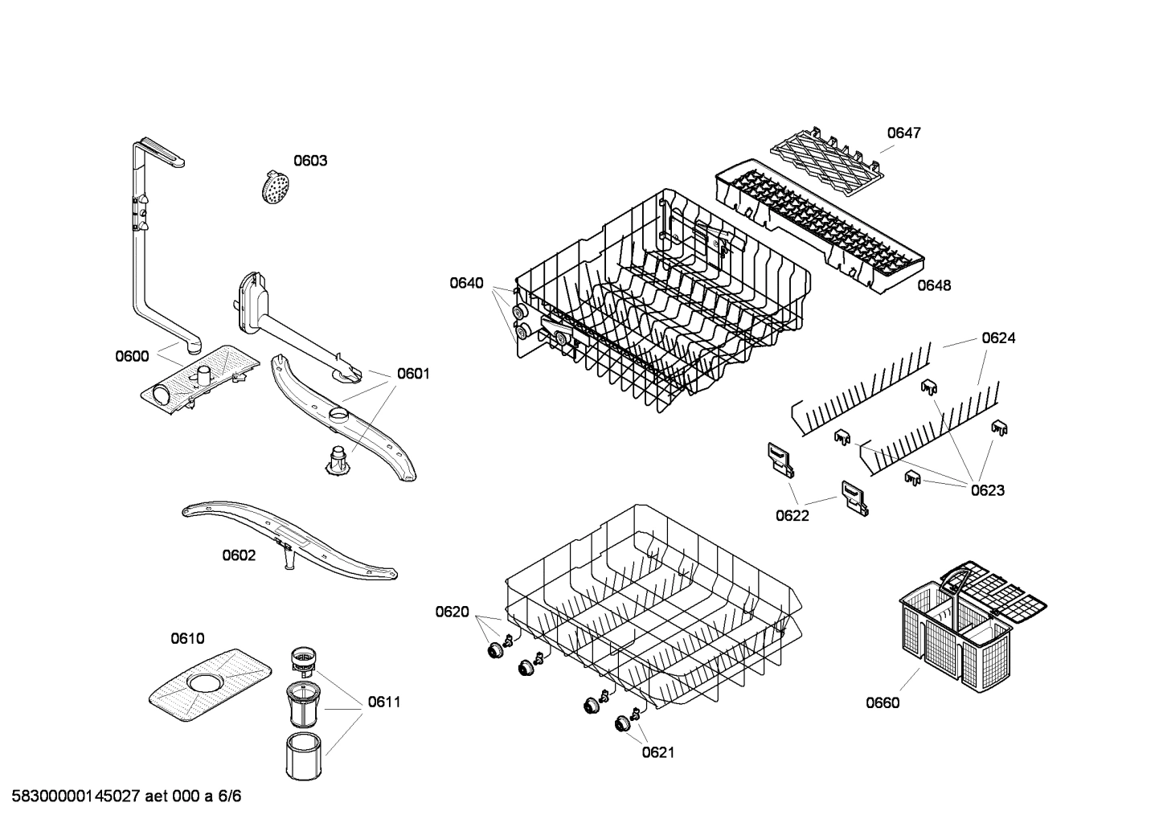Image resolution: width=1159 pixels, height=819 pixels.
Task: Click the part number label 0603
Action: coord(309,161)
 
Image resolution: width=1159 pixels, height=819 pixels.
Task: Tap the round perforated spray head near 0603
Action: coord(276,187)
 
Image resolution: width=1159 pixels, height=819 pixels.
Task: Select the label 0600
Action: coord(132,356)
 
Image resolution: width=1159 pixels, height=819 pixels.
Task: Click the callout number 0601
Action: coord(413,374)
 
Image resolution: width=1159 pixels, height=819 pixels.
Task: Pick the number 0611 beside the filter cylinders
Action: coord(384,702)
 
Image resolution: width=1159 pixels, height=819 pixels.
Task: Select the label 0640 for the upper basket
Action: coord(466,283)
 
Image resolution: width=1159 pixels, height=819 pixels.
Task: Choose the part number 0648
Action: coord(934,285)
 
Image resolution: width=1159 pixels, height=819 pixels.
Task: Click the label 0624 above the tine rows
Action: coord(998,338)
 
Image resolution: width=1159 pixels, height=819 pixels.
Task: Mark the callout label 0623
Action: coord(987,490)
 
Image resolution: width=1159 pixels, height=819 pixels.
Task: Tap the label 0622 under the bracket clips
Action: coord(792,516)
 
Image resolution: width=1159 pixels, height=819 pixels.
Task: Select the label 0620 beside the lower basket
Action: coord(452,612)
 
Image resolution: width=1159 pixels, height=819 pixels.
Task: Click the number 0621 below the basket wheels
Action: coord(658,752)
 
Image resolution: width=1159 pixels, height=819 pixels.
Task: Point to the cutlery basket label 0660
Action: coord(883,703)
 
